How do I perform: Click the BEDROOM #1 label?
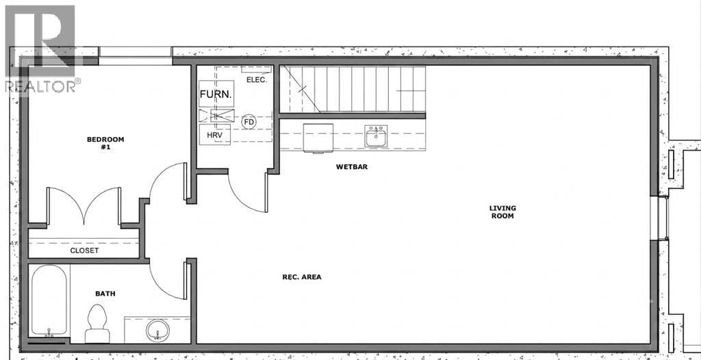tap(105, 142)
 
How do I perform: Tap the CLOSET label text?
tap(84, 250)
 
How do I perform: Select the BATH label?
tap(105, 294)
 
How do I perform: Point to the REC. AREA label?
tap(302, 277)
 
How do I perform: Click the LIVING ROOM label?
tap(502, 212)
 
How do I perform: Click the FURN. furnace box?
tap(216, 94)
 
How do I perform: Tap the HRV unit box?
tap(214, 135)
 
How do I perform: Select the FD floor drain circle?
tap(249, 122)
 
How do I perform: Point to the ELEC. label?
tap(257, 80)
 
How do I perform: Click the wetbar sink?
tap(376, 136)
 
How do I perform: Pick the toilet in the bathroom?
tap(97, 323)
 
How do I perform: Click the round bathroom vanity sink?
tap(158, 331)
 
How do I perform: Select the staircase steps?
tap(353, 89)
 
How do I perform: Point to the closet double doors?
tap(84, 206)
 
